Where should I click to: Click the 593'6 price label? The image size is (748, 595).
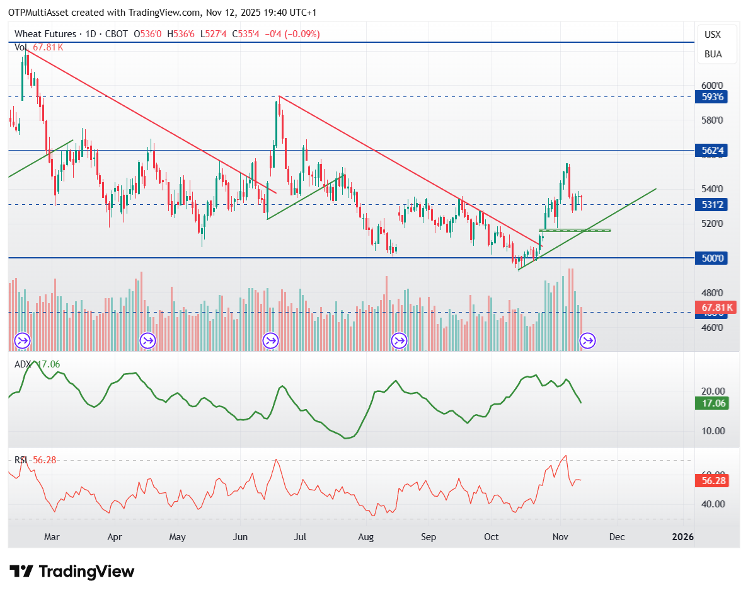[x=713, y=97]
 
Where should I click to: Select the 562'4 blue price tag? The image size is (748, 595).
[x=713, y=151]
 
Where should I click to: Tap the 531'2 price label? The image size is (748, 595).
[x=713, y=204]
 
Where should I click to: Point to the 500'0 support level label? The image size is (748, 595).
[x=713, y=258]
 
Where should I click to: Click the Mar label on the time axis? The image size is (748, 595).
[x=52, y=536]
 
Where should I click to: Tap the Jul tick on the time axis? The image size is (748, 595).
[x=301, y=536]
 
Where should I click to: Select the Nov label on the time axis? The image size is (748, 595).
[x=560, y=536]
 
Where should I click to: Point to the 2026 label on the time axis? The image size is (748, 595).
[x=683, y=536]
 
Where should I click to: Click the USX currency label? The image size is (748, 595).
[x=713, y=35]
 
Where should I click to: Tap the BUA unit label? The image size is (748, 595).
[x=713, y=54]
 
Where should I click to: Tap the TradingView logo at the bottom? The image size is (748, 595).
[x=72, y=572]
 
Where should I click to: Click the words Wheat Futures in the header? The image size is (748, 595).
[x=45, y=34]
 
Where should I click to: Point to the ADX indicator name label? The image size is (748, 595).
[x=23, y=364]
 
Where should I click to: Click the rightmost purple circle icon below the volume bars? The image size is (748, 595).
[x=587, y=341]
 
